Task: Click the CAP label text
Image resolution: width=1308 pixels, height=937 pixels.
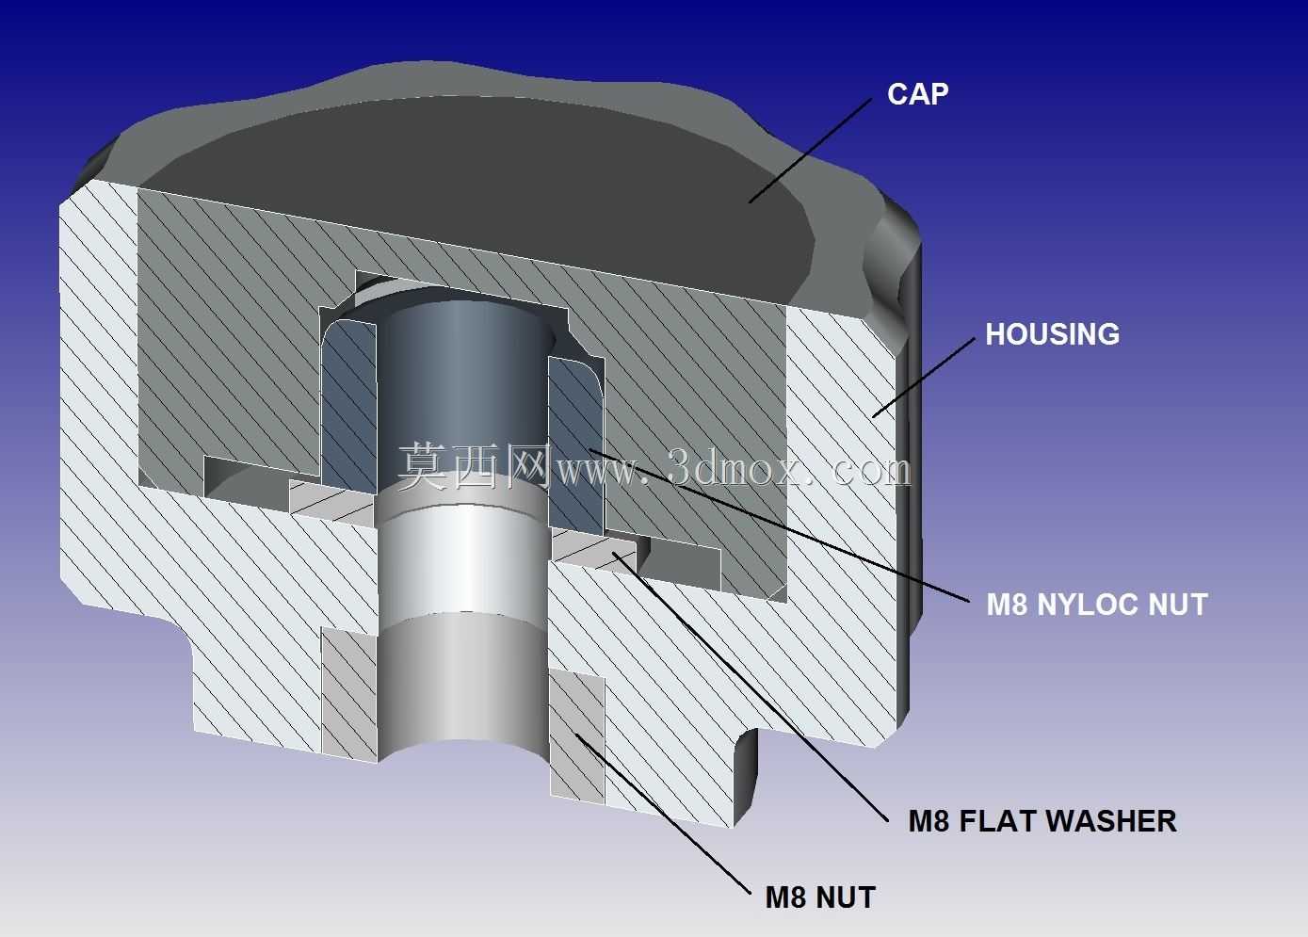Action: (x=917, y=94)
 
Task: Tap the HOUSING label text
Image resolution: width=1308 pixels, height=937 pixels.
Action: (x=1052, y=334)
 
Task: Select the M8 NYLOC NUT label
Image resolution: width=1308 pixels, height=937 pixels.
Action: (x=1097, y=605)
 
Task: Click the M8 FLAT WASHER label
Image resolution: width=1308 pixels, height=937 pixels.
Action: (x=1042, y=821)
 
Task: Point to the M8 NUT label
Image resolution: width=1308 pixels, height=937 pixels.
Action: (x=820, y=897)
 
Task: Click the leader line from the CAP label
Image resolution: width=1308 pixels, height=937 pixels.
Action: (x=810, y=151)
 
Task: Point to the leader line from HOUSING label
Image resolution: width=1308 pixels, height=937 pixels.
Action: (x=924, y=377)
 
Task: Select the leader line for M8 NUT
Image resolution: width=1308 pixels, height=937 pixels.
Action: (x=663, y=814)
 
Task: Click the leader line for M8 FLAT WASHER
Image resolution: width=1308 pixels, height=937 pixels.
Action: (x=751, y=686)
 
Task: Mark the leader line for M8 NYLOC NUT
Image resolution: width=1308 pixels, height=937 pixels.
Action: (x=780, y=525)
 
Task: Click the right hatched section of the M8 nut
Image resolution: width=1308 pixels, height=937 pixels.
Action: (x=577, y=736)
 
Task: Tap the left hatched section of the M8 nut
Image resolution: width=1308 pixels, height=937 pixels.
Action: (x=349, y=695)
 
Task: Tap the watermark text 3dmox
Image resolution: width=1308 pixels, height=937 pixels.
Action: (x=736, y=468)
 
